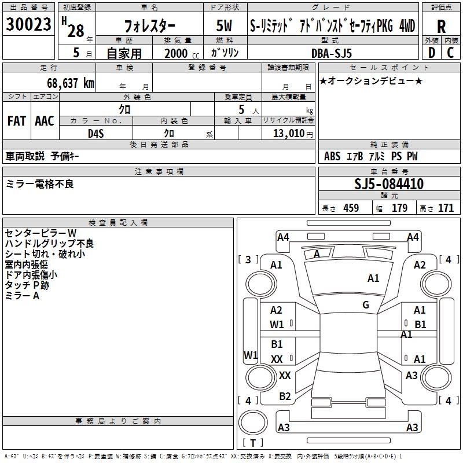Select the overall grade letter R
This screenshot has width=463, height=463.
click(x=441, y=27)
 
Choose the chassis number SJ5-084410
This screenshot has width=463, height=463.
click(x=389, y=185)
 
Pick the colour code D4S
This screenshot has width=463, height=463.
click(x=96, y=133)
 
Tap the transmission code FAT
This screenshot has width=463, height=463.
click(x=16, y=121)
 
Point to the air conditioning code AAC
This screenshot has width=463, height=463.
click(x=45, y=121)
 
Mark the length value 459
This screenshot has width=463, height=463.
click(x=351, y=208)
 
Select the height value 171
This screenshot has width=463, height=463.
click(x=446, y=208)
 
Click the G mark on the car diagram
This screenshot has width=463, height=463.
click(x=366, y=305)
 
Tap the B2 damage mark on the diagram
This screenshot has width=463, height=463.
click(x=285, y=396)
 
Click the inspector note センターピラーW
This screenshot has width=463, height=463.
click(x=41, y=233)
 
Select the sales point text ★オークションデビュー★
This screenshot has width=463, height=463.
click(x=371, y=80)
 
